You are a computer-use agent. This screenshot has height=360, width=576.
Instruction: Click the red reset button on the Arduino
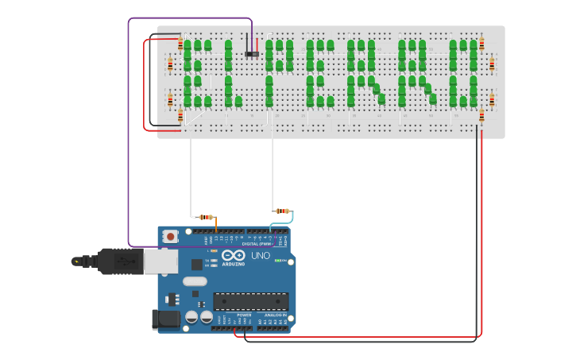(170, 236)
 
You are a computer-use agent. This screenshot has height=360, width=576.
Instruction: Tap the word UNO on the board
(261, 256)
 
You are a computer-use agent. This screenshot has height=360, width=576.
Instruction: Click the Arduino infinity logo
(233, 256)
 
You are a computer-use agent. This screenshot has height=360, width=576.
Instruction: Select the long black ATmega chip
(250, 301)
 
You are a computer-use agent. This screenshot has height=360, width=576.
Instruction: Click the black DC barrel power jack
(164, 319)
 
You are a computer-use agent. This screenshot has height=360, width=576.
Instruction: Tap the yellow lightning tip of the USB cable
(76, 261)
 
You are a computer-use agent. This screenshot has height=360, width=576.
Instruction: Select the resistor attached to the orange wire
(206, 217)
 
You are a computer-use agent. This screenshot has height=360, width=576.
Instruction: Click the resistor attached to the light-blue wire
(282, 211)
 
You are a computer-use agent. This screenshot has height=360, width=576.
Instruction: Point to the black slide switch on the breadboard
(252, 54)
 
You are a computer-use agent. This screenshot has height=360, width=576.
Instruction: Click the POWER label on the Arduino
(244, 315)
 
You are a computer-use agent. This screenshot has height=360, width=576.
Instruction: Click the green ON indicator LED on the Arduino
(277, 261)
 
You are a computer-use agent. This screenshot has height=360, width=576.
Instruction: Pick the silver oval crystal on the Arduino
(195, 281)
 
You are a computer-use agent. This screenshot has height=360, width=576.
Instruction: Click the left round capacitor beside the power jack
(191, 316)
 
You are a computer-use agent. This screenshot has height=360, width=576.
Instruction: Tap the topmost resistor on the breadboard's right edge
(481, 44)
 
